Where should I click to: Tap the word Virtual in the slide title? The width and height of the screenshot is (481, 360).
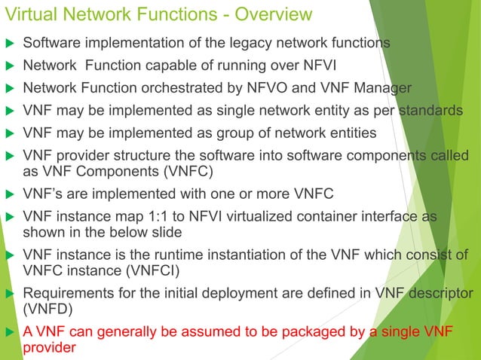(x=33, y=14)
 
